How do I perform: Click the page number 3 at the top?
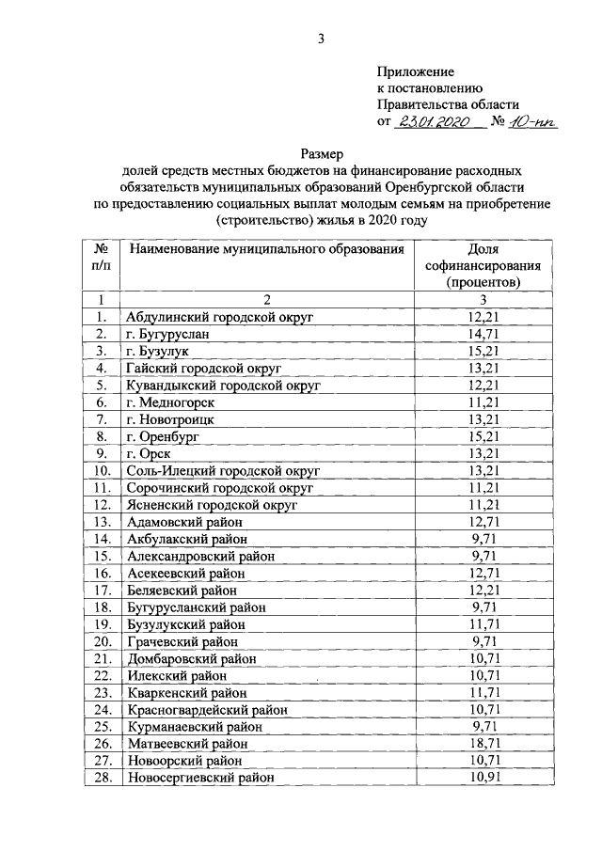[321, 39]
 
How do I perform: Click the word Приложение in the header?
[415, 71]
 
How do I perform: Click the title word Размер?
[322, 153]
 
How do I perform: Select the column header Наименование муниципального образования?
[266, 249]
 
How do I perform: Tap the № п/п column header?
[101, 257]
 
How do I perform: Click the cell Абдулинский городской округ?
[218, 317]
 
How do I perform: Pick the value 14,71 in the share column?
[483, 334]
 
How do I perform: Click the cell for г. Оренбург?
[162, 436]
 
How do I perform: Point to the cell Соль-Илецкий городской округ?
[223, 470]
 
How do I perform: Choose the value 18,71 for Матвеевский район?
[483, 743]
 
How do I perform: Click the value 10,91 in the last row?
[483, 778]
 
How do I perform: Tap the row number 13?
[101, 522]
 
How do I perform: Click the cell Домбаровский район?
[191, 658]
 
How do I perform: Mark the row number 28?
[101, 778]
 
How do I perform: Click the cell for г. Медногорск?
[167, 402]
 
